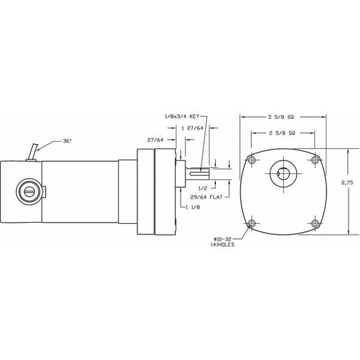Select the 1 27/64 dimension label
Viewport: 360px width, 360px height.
(x=192, y=128)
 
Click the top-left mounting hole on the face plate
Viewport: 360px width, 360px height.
(x=251, y=160)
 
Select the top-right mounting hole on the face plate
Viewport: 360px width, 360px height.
(x=315, y=160)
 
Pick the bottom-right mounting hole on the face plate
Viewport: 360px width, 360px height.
(x=315, y=224)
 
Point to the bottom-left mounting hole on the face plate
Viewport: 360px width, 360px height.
(x=251, y=224)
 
